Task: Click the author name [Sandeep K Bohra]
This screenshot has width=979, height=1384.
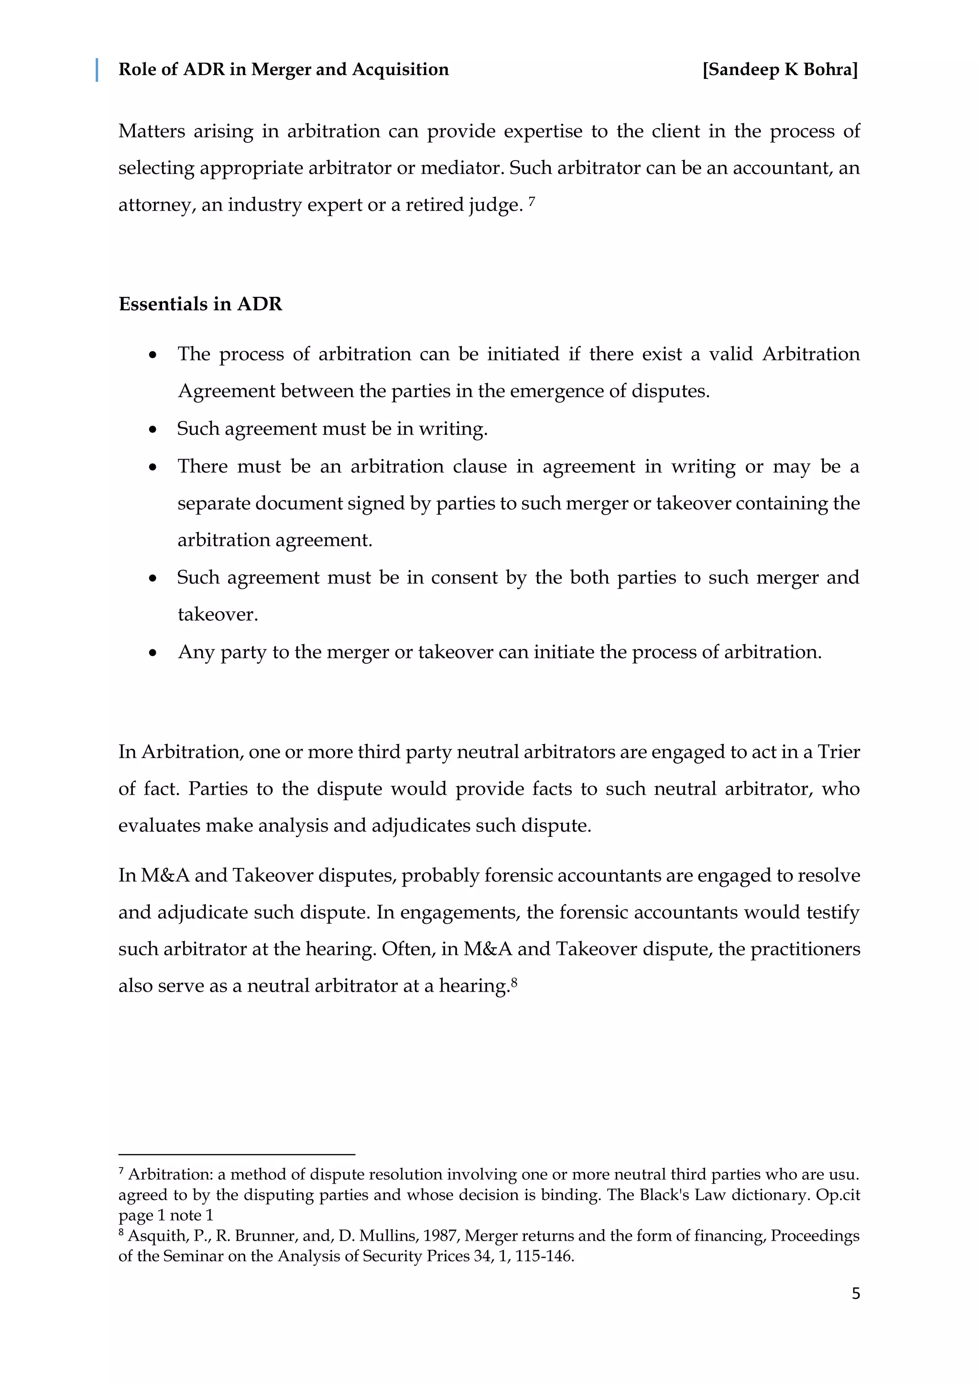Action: (x=780, y=70)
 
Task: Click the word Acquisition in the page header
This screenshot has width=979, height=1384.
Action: (x=400, y=70)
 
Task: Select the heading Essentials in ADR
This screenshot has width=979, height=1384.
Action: (x=200, y=304)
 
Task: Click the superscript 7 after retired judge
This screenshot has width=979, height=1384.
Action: (x=532, y=201)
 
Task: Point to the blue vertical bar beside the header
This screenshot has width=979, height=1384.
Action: (x=97, y=70)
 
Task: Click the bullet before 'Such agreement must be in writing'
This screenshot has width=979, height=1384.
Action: (x=153, y=430)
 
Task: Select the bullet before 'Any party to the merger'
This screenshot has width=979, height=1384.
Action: (x=153, y=653)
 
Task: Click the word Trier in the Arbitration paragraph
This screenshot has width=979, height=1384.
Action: (x=838, y=752)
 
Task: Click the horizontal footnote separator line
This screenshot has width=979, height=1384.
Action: (x=236, y=1154)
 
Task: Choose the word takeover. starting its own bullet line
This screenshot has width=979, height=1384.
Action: (x=218, y=615)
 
